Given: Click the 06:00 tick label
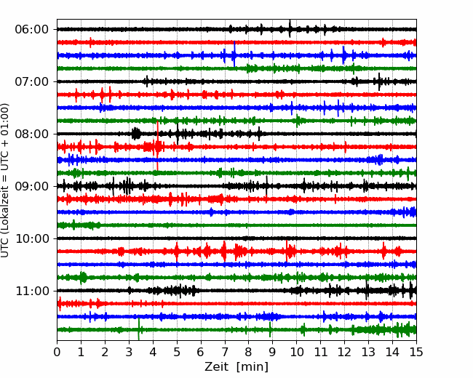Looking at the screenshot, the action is tap(32, 30).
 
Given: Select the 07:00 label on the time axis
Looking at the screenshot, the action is tap(32, 81).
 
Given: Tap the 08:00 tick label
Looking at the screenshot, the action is tap(32, 134).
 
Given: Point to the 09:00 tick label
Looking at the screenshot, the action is tap(32, 186).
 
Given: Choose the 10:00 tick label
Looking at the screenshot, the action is tap(32, 238).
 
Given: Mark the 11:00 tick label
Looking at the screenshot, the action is tap(32, 291).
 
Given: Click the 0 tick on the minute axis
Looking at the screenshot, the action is tap(57, 352).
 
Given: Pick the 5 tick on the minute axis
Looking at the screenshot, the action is tap(177, 352).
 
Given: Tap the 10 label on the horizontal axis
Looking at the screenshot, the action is tap(296, 352).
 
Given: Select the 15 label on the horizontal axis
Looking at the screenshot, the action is tap(416, 352).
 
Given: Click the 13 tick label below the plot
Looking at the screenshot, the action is tap(369, 352).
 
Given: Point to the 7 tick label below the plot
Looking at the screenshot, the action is tap(225, 352).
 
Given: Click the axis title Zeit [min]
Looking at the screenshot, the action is tap(236, 367).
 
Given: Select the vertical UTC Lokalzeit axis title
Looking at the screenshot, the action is tap(5, 180).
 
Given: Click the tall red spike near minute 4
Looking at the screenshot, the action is tap(157, 146).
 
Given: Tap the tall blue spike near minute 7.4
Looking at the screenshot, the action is tap(234, 54).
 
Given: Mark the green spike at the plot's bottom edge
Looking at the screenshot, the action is tap(138, 329).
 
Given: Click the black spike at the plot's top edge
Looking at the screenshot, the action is tap(290, 28).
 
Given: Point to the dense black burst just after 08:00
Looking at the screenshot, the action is tap(136, 133).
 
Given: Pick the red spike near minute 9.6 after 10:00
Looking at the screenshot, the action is tap(287, 251).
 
